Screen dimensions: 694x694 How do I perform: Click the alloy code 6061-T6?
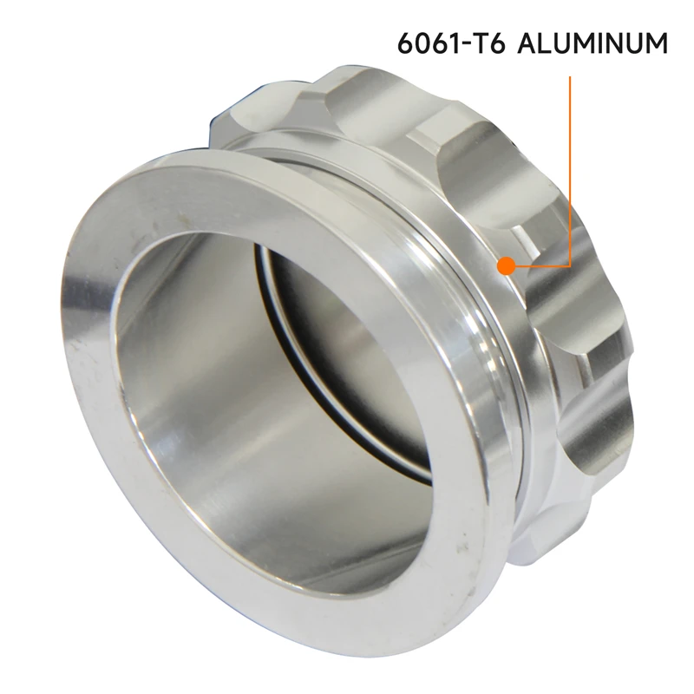(x=451, y=43)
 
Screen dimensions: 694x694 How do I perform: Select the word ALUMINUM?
(x=593, y=43)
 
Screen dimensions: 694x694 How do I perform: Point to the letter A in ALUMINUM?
(x=528, y=43)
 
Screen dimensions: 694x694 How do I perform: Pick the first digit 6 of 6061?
(x=405, y=43)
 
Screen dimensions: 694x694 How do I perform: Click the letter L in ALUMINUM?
(x=548, y=43)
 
